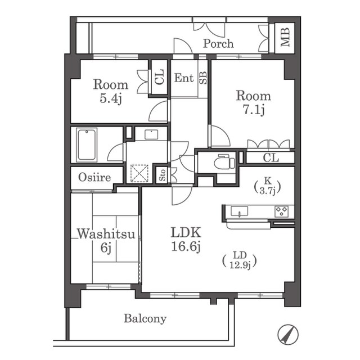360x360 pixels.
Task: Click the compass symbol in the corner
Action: coord(288,335)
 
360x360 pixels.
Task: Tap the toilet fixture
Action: coord(224,162)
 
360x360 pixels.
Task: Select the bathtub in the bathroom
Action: coord(87,145)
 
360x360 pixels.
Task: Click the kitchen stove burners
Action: coord(282,211)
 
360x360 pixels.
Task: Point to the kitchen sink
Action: coord(239,211)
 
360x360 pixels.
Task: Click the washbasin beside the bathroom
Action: coord(151,134)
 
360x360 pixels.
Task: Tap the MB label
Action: coord(285,38)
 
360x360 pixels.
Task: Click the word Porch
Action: coord(218,44)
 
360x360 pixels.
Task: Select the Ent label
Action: coord(184,78)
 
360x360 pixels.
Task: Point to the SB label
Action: coord(203,78)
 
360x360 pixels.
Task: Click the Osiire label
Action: coord(94,177)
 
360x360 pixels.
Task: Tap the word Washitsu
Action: coord(106,234)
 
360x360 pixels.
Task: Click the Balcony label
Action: coord(145,319)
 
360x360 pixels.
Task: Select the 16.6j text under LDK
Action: coord(186,247)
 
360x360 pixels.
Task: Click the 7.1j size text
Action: coord(254,110)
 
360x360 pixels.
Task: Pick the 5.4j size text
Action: coord(110,99)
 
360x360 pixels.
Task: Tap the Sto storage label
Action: coord(163,175)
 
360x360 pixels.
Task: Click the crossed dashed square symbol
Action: coord(139,173)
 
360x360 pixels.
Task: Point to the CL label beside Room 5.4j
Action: coord(159,76)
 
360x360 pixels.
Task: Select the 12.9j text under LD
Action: coord(240,265)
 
